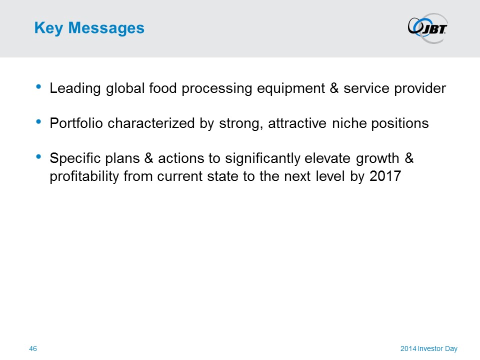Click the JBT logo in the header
click(x=427, y=28)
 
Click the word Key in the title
click(x=48, y=28)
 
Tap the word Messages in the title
click(x=106, y=28)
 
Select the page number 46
click(x=33, y=348)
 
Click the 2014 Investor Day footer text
click(x=429, y=348)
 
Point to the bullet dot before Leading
click(x=38, y=86)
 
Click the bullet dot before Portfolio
click(x=38, y=122)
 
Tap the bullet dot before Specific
click(x=38, y=156)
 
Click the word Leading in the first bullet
click(x=75, y=89)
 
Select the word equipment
click(x=291, y=89)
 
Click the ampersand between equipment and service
click(x=334, y=88)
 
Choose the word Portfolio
click(x=76, y=123)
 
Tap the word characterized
click(x=151, y=123)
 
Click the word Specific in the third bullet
click(x=75, y=159)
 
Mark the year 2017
click(x=385, y=176)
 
